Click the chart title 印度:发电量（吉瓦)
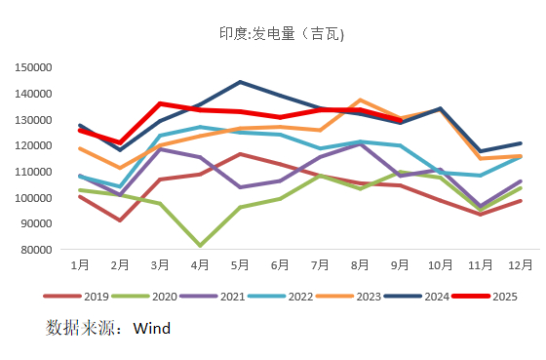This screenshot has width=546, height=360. pos(281,35)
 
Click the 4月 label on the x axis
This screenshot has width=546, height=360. pos(200,265)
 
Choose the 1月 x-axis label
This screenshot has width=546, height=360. pos(79,265)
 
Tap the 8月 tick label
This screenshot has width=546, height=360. pos(361,265)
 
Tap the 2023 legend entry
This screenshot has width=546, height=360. pos(359,296)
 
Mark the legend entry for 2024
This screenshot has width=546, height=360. pos(426,296)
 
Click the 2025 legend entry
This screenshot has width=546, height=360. pos(493,296)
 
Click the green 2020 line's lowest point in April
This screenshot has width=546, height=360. pos(200,245)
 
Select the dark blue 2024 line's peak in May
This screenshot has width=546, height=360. pos(240,82)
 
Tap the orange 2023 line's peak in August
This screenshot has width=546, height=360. pos(361,100)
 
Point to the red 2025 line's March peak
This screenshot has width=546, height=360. pos(160,103)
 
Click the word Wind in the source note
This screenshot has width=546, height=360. pos(152,329)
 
